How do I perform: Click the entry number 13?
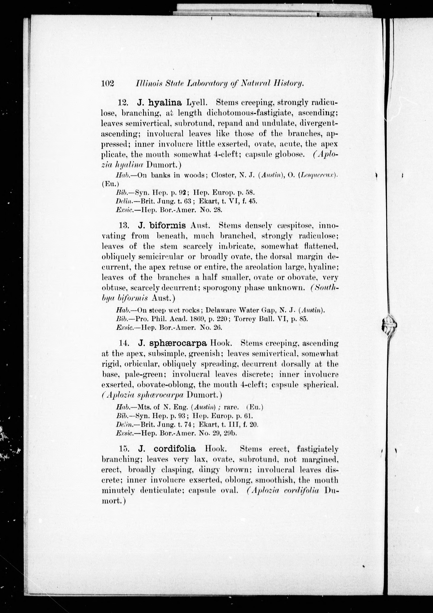click(124, 226)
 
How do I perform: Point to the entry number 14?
click(124, 343)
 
